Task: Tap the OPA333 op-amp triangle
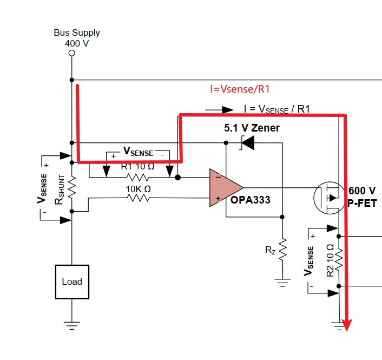coord(224,188)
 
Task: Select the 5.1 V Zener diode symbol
coord(247,143)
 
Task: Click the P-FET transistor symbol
coord(329,198)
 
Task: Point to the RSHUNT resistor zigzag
coord(72,187)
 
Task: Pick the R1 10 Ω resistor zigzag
coord(137,178)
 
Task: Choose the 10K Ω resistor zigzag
coord(138,198)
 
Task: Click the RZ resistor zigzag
coord(282,250)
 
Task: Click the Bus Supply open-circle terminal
coord(72,53)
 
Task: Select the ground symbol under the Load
coord(72,326)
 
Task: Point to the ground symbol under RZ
coord(282,283)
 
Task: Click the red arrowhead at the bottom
coord(347,325)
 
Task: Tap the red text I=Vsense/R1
coord(240,89)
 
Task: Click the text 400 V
coord(77,44)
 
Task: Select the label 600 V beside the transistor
coord(362,191)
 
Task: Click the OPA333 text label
coord(251,200)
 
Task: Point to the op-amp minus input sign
coord(218,177)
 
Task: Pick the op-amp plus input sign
coord(218,199)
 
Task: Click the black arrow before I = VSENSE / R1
coord(219,110)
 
